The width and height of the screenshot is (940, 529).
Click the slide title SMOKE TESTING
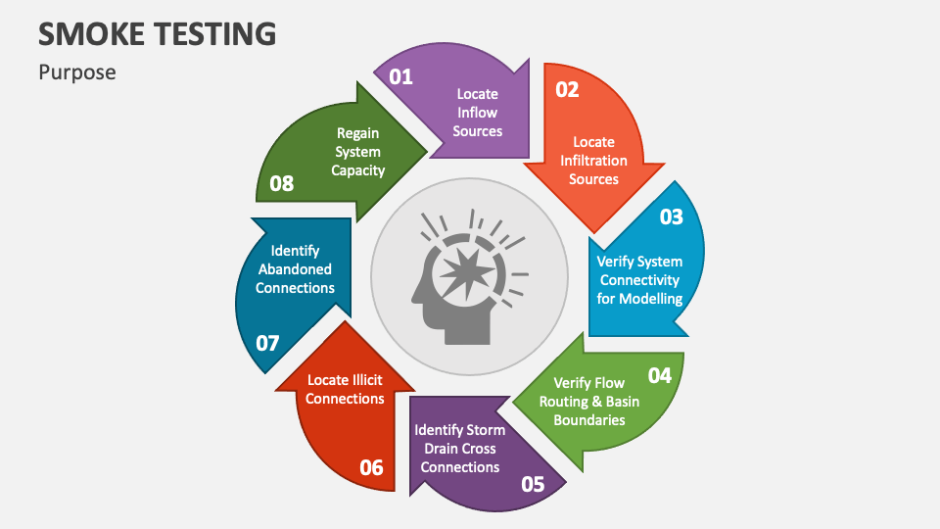[157, 33]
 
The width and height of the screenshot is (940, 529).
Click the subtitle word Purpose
[77, 72]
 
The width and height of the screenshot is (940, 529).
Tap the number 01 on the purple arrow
[401, 75]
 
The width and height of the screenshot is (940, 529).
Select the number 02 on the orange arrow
[567, 89]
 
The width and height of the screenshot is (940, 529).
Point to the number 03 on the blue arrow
[671, 216]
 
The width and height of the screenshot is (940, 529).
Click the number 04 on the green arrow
[660, 375]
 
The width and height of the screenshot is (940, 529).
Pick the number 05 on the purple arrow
[533, 483]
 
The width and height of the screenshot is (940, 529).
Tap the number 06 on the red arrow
[371, 467]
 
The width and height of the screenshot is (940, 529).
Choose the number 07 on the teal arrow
[267, 343]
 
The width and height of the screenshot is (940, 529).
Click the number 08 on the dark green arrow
[281, 183]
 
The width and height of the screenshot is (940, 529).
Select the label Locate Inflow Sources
[478, 113]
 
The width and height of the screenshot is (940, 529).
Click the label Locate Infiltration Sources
[594, 161]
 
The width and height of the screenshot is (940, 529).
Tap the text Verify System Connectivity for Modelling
[640, 280]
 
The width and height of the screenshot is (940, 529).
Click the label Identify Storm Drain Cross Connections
[460, 449]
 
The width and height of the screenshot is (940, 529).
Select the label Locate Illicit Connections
[345, 389]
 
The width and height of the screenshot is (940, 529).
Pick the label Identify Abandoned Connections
[296, 269]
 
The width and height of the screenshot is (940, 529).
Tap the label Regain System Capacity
[358, 152]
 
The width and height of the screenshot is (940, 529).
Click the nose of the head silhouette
[411, 295]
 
